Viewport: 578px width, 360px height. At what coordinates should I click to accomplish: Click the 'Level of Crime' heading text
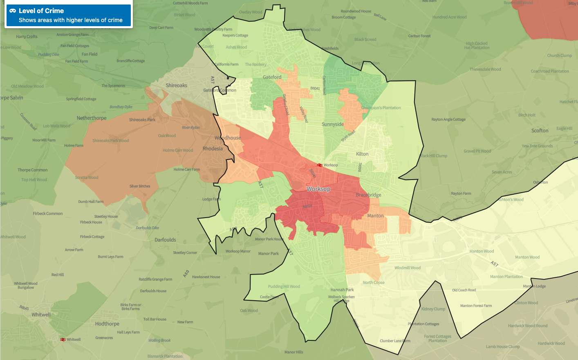click(x=41, y=11)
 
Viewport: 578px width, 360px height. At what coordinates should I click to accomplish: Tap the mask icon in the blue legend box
click(x=13, y=11)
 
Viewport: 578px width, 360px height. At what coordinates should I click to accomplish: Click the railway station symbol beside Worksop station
click(x=320, y=165)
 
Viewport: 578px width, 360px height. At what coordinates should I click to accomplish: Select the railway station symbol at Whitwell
click(x=63, y=340)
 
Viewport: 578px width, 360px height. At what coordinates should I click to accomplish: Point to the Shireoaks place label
click(x=176, y=85)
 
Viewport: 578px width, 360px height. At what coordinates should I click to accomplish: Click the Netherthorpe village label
click(x=92, y=118)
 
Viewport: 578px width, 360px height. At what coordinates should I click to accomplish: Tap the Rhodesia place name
click(x=213, y=149)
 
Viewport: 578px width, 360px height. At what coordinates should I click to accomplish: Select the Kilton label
click(x=362, y=154)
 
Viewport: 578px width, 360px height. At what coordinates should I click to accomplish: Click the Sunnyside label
click(x=332, y=124)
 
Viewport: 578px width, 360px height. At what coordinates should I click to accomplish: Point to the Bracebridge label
click(x=368, y=195)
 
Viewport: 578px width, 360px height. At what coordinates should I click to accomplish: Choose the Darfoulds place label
click(x=165, y=240)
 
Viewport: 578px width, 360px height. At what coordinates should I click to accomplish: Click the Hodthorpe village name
click(x=107, y=324)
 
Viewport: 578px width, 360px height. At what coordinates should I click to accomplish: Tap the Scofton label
click(x=540, y=131)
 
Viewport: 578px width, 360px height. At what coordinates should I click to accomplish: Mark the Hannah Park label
click(x=342, y=290)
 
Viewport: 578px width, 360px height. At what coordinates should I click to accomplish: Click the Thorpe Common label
click(x=32, y=170)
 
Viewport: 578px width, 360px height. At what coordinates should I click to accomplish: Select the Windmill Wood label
click(x=407, y=268)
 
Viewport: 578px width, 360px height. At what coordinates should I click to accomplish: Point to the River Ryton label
click(x=191, y=128)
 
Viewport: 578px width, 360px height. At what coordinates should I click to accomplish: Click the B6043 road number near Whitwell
click(x=24, y=307)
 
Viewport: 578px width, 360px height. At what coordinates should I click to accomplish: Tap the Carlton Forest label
click(x=419, y=36)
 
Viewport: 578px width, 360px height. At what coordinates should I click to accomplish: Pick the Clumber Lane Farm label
click(x=395, y=341)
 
